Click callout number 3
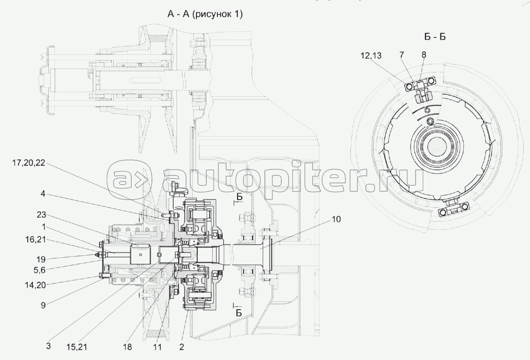click(48, 346)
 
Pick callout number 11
click(157, 347)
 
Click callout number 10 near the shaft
click(336, 219)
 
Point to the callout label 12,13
click(372, 56)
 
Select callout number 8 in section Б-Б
click(423, 54)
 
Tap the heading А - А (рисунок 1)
click(205, 15)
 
